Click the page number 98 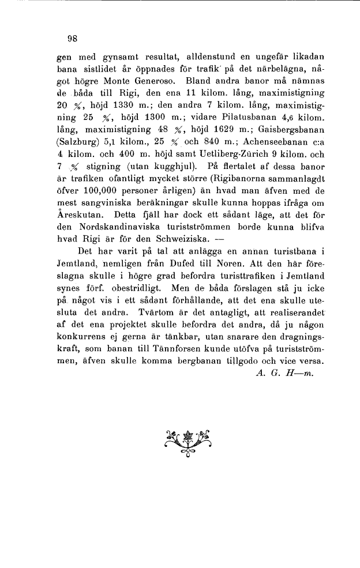(x=72, y=39)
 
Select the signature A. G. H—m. (x=283, y=373)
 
